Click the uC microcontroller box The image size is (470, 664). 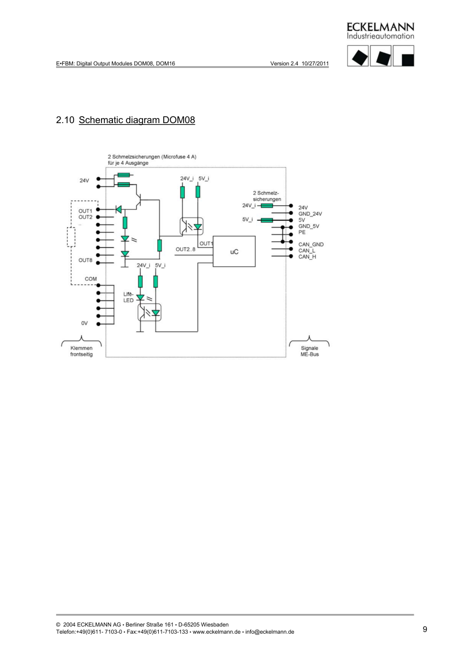pyautogui.click(x=233, y=252)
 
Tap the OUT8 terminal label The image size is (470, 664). pyautogui.click(x=85, y=260)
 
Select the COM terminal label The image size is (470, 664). pyautogui.click(x=90, y=279)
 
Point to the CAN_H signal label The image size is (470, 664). pyautogui.click(x=307, y=256)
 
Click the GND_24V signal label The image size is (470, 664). pyautogui.click(x=310, y=214)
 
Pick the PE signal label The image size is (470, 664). pyautogui.click(x=301, y=232)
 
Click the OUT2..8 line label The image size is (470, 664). pyautogui.click(x=185, y=249)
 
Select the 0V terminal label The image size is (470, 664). pyautogui.click(x=84, y=323)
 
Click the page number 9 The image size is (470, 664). pyautogui.click(x=425, y=629)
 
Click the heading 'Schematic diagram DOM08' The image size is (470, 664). pyautogui.click(x=136, y=120)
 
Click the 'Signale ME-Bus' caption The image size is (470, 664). pyautogui.click(x=310, y=351)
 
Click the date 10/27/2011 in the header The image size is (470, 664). pyautogui.click(x=316, y=64)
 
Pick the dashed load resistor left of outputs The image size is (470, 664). pyautogui.click(x=71, y=237)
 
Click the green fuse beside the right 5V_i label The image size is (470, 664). pyautogui.click(x=266, y=220)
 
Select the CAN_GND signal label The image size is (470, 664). pyautogui.click(x=311, y=245)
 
